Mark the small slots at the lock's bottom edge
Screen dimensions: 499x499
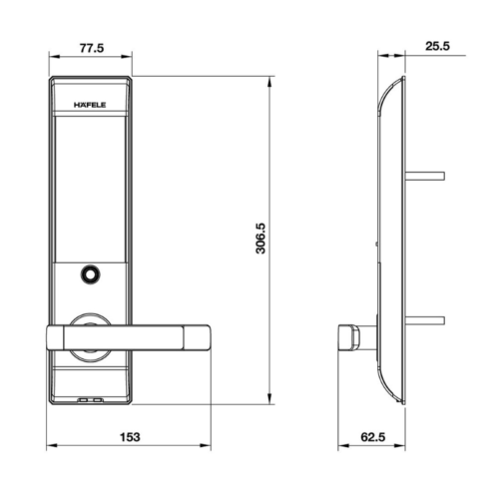(90, 401)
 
